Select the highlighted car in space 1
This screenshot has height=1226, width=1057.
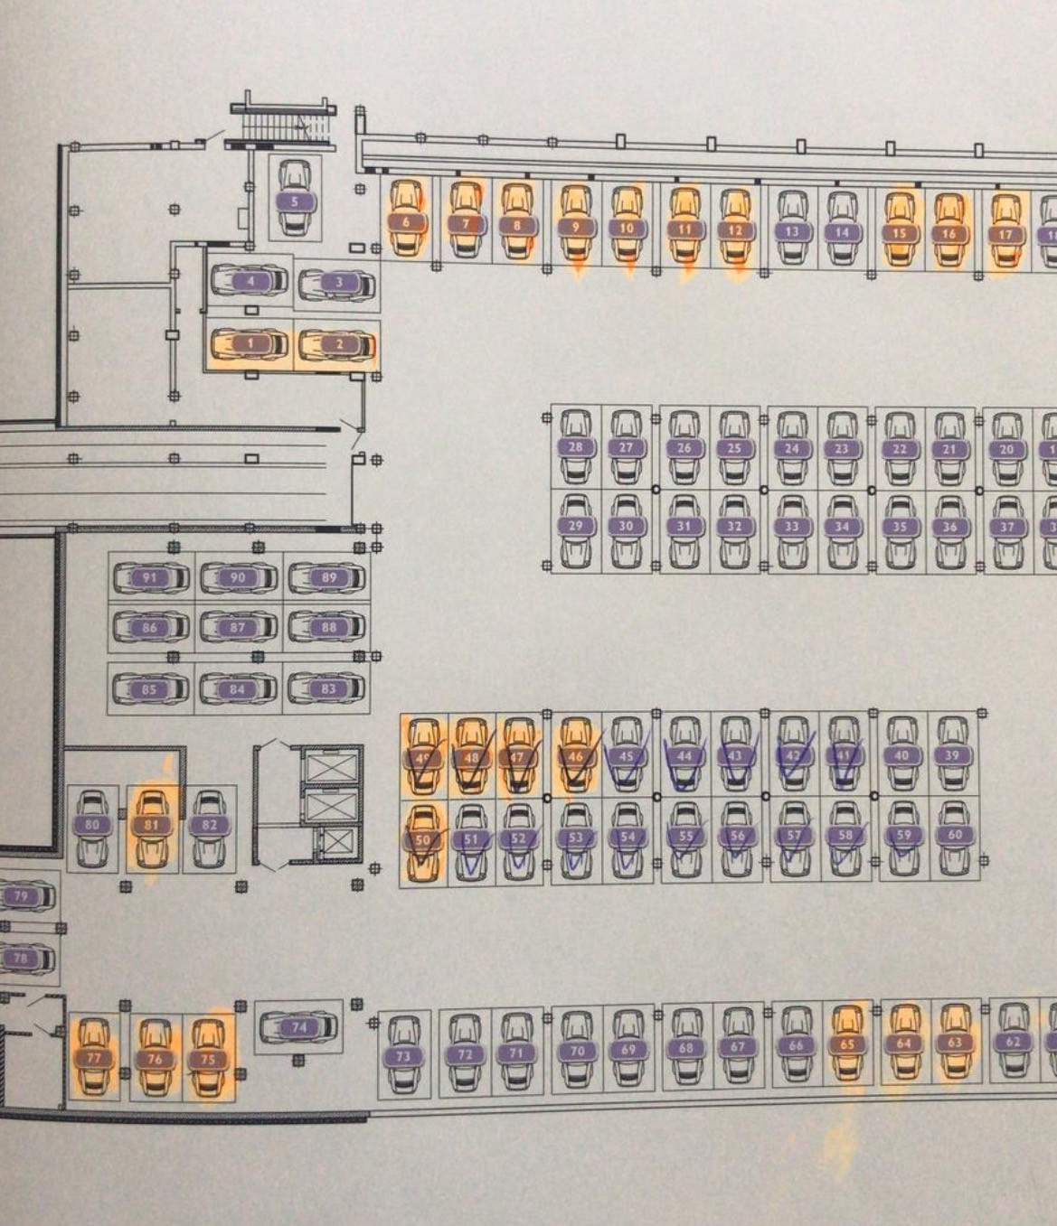click(250, 344)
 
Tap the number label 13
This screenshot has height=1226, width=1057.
click(792, 230)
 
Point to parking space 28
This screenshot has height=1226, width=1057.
click(575, 446)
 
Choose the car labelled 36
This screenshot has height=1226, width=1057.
click(949, 527)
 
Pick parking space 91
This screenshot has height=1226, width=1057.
click(150, 577)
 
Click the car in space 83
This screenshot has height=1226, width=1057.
click(328, 688)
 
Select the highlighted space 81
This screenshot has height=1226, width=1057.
click(151, 824)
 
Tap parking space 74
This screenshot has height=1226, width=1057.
click(299, 1026)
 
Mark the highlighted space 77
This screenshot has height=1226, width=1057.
click(94, 1057)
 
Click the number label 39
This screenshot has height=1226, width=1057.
click(952, 755)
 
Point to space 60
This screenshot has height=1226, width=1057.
click(955, 835)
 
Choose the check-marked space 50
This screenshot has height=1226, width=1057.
click(423, 839)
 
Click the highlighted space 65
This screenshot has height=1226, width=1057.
click(847, 1044)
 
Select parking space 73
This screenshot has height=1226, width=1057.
click(403, 1055)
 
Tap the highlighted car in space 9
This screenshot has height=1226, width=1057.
click(575, 227)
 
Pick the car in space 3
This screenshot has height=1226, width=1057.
click(338, 283)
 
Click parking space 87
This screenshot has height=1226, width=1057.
click(238, 627)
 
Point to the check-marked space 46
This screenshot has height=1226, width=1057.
click(576, 756)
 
